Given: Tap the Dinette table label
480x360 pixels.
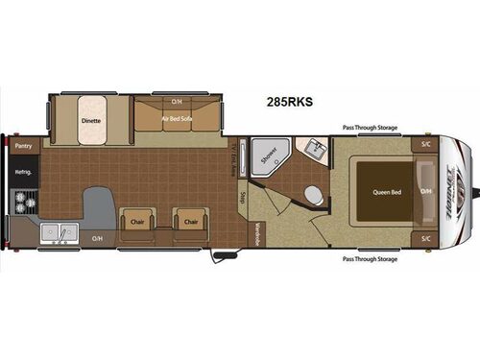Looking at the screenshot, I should (x=92, y=122).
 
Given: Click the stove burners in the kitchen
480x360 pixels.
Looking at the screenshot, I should (x=20, y=203).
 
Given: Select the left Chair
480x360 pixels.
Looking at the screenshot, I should (x=135, y=221).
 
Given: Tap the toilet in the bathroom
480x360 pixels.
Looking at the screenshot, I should (x=312, y=193).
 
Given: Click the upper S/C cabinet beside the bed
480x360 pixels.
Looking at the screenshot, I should (x=424, y=145).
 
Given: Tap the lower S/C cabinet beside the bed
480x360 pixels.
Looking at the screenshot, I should (x=424, y=236).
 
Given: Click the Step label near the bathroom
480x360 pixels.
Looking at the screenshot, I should (x=245, y=196).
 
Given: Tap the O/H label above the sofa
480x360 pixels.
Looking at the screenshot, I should (x=177, y=101).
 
